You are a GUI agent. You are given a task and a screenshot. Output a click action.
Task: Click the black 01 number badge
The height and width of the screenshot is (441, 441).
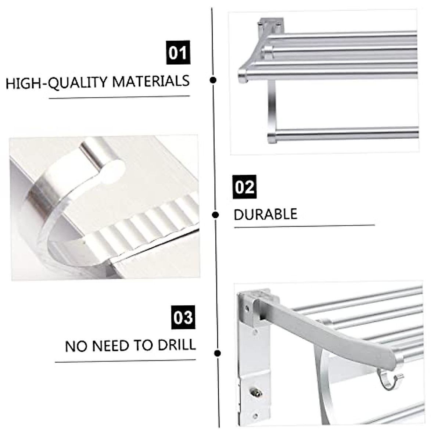(x=178, y=53)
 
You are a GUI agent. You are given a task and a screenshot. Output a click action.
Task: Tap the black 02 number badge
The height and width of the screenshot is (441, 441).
(x=244, y=187)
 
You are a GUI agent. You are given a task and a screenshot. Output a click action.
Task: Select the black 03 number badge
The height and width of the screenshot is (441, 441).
(x=183, y=317)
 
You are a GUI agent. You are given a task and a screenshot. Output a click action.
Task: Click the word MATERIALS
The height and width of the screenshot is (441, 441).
(x=151, y=81)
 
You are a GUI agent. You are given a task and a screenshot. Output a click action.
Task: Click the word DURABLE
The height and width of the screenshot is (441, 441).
(x=265, y=214)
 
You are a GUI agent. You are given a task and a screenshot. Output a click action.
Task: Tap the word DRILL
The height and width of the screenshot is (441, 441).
(x=176, y=345)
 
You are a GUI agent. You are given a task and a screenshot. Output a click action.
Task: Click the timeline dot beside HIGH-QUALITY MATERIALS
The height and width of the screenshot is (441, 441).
(x=213, y=80)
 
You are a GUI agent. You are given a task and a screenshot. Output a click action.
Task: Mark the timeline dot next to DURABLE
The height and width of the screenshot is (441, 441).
(x=216, y=215)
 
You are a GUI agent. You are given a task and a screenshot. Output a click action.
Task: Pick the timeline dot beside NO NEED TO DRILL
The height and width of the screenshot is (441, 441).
(x=218, y=353)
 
